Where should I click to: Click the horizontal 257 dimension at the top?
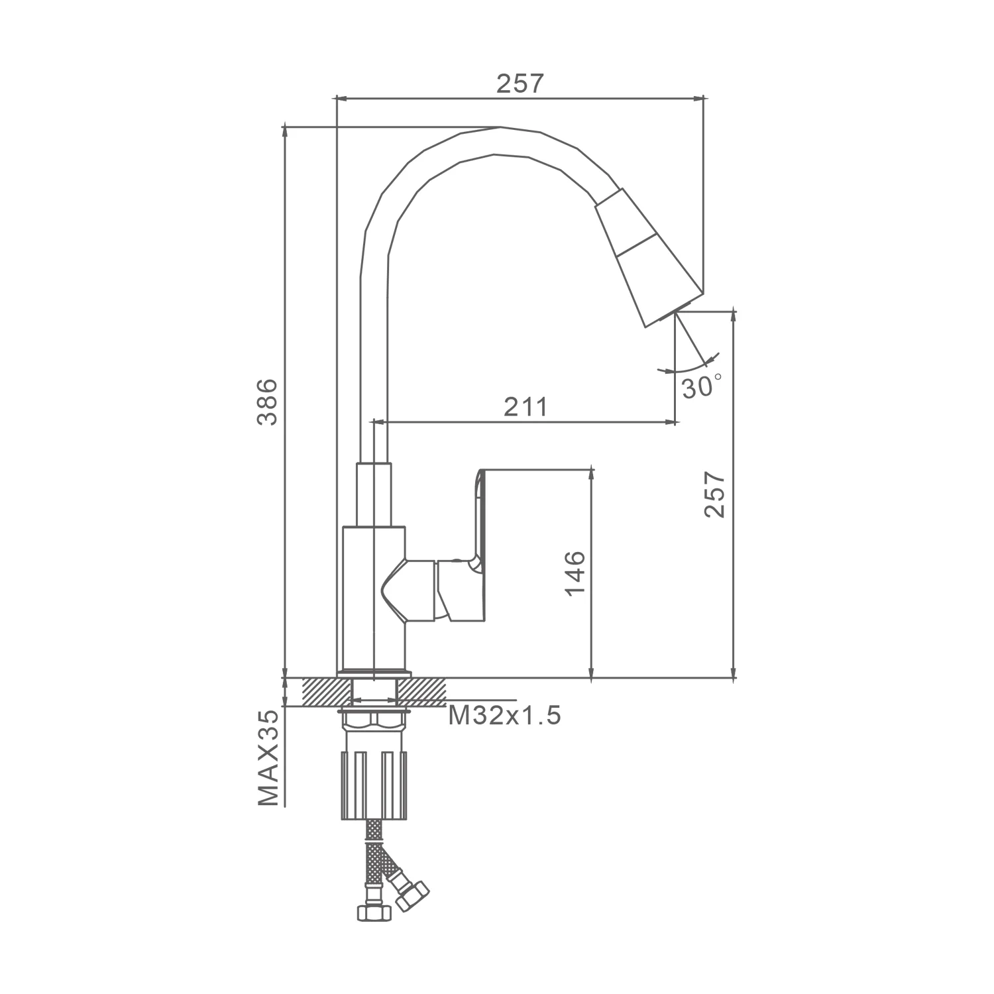pyautogui.click(x=520, y=84)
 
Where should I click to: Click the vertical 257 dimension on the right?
pyautogui.click(x=715, y=494)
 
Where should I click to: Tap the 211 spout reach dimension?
pyautogui.click(x=525, y=406)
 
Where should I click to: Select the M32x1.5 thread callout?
pyautogui.click(x=505, y=715)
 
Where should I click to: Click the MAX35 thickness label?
pyautogui.click(x=268, y=757)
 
